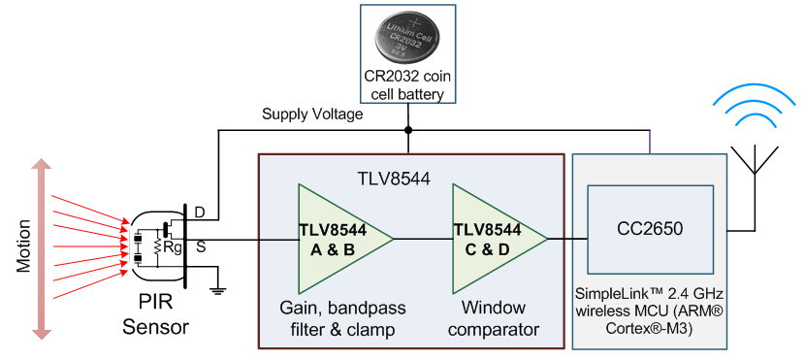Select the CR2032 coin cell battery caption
click(x=407, y=86)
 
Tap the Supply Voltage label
click(x=312, y=115)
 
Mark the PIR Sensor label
click(x=155, y=316)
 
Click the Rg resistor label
click(x=172, y=246)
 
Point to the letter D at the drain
click(x=200, y=213)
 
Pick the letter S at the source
click(x=200, y=247)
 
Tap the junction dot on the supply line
click(x=408, y=129)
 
